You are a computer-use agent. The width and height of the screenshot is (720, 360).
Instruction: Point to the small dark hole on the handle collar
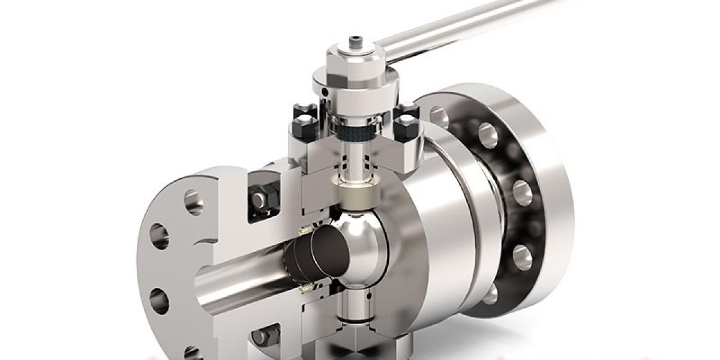tap(325, 91)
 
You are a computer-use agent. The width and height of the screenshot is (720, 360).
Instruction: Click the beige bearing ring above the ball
tap(359, 191)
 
